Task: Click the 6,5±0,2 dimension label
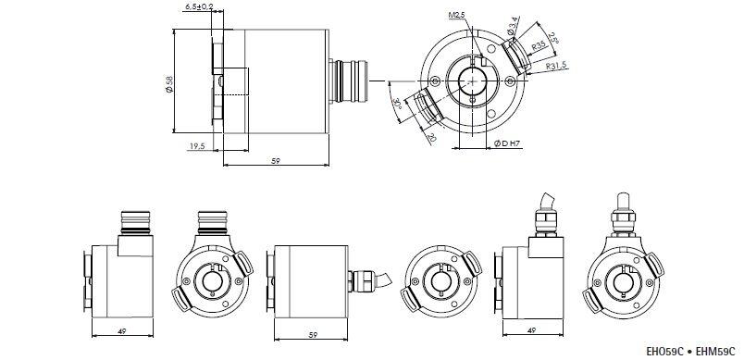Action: click(x=198, y=6)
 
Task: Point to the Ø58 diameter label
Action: click(x=169, y=83)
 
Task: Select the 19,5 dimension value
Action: click(x=197, y=146)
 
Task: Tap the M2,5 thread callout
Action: click(x=456, y=16)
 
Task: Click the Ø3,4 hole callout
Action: click(x=513, y=26)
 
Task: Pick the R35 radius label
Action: click(x=539, y=45)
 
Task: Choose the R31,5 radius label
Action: click(x=556, y=66)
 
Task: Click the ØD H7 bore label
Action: click(x=508, y=143)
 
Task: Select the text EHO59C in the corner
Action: click(x=664, y=352)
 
